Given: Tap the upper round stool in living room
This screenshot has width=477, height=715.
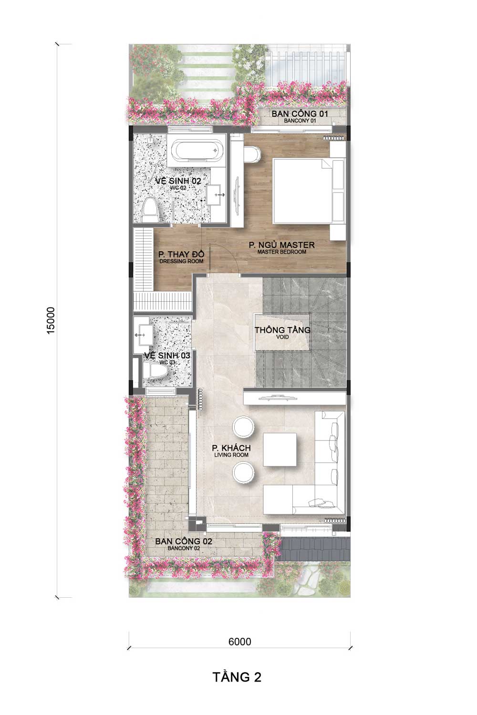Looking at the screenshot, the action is click(243, 426).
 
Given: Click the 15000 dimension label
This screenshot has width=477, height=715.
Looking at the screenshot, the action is click(51, 320).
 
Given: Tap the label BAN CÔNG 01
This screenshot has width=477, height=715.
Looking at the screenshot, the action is click(300, 113).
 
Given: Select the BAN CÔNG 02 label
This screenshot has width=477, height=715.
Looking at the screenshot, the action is click(184, 541).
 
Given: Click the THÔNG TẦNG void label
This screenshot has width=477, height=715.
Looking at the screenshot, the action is click(282, 330).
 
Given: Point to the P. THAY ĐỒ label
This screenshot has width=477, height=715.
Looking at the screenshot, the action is click(181, 255).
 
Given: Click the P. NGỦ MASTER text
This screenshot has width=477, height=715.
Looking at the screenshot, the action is click(282, 245).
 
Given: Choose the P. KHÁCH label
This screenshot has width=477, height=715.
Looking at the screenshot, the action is click(231, 448).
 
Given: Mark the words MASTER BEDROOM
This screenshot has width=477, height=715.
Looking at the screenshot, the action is click(282, 252).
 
